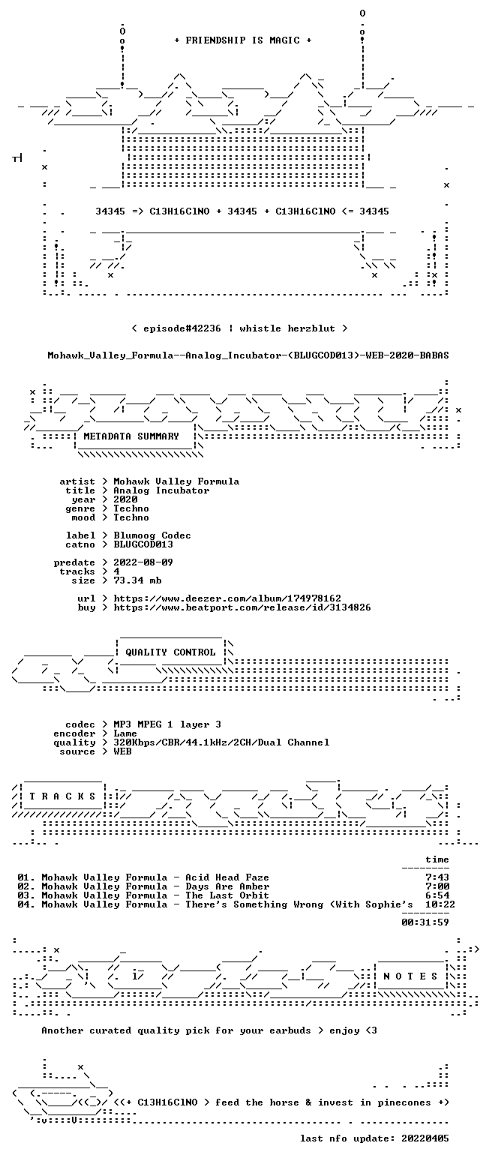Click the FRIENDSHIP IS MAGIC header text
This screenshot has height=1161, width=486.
(243, 40)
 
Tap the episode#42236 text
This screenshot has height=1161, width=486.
(181, 328)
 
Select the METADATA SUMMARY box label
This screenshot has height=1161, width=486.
(131, 436)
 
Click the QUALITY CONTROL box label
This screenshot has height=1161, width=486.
(170, 652)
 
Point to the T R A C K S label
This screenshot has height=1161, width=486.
(63, 796)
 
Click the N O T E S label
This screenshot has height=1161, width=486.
(410, 976)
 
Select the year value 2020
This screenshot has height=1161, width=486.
(125, 499)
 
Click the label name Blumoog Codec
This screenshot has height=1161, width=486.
(152, 535)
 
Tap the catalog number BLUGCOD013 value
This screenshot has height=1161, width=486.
(143, 544)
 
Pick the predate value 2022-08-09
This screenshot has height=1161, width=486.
(143, 563)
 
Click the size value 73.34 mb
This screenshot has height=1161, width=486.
(137, 580)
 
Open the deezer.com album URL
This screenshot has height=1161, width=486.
(227, 598)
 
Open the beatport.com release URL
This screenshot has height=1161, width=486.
(242, 607)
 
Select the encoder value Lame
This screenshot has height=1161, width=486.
(125, 734)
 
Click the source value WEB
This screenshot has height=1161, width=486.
(122, 751)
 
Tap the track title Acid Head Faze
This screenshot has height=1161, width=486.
(227, 877)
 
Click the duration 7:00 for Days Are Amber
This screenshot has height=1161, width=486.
(437, 886)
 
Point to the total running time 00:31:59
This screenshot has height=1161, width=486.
(425, 922)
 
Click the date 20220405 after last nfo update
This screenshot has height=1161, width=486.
(425, 1138)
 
